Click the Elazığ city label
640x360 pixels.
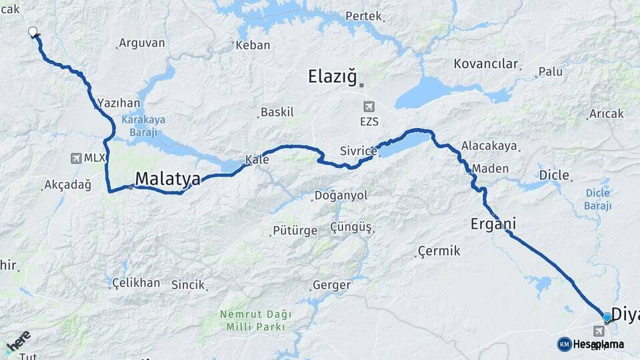click(333, 76)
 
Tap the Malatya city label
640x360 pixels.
click(167, 179)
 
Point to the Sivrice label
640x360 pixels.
click(359, 151)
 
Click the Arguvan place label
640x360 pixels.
click(141, 43)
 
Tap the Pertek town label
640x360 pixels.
click(364, 16)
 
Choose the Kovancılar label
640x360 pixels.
click(486, 64)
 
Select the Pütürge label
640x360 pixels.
click(295, 231)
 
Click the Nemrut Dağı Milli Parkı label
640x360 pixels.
click(253, 320)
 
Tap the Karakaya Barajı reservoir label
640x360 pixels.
click(143, 126)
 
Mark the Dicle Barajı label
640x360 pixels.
click(598, 199)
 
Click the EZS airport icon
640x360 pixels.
click(369, 107)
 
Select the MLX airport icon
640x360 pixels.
click(76, 158)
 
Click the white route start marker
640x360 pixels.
click(33, 31)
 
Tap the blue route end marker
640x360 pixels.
click(607, 317)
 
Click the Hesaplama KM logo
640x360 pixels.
click(591, 344)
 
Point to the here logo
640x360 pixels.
click(18, 341)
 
